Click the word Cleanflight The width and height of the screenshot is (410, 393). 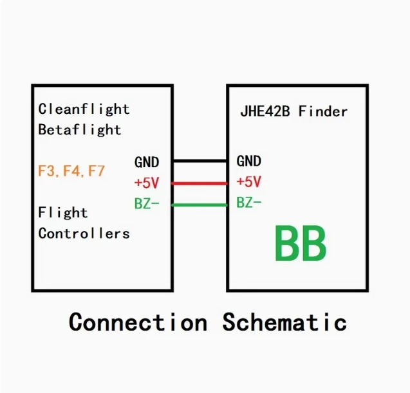click(84, 109)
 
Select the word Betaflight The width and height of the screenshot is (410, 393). click(80, 130)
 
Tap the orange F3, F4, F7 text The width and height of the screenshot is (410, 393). click(71, 171)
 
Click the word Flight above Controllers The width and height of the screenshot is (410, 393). click(63, 213)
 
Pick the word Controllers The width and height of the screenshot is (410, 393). click(84, 233)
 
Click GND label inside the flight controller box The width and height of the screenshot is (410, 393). click(147, 162)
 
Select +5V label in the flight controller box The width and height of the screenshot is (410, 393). click(147, 183)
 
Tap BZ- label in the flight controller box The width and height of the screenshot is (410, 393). click(147, 203)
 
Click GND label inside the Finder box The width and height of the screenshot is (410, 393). click(248, 161)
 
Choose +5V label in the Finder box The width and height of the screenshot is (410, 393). click(248, 182)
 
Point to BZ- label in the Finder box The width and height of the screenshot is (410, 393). click(249, 203)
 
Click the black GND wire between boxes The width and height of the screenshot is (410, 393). click(200, 161)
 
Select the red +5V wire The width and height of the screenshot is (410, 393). click(200, 183)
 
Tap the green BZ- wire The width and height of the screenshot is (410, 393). click(200, 205)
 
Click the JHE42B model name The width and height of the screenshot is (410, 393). click(265, 111)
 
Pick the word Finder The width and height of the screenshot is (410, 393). click(323, 111)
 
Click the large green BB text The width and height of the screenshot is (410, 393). click(301, 244)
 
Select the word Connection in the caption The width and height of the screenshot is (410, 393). click(138, 322)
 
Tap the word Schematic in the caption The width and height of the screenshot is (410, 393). click(284, 322)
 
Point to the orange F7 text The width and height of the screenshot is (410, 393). click(97, 171)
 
